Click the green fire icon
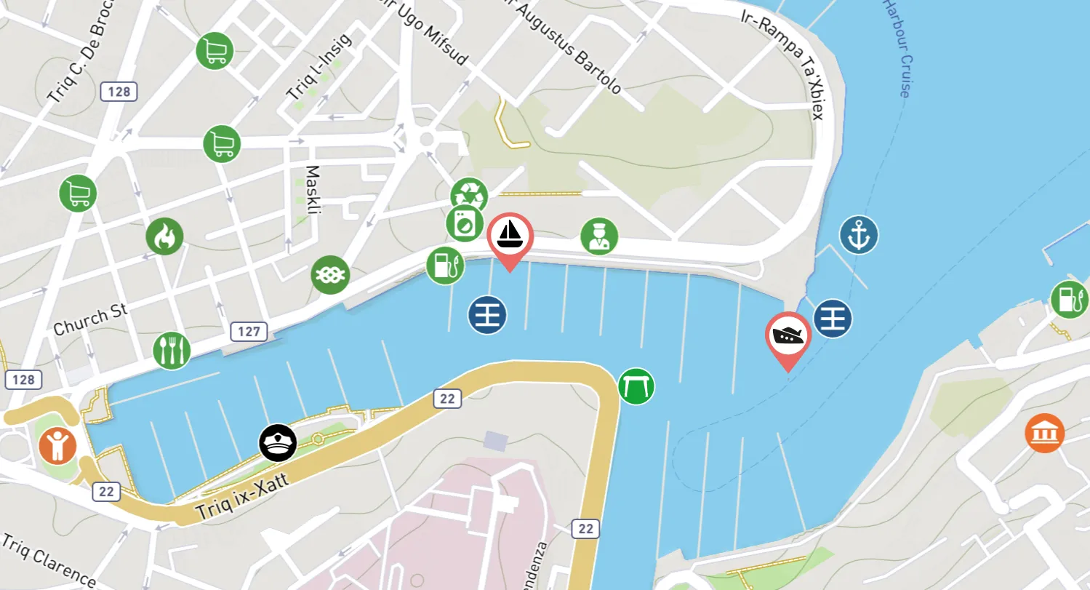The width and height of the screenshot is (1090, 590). point(164,236)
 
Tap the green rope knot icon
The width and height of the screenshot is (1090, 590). point(330,275)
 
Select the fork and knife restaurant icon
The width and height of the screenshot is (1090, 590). point(172,350)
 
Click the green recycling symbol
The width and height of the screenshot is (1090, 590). point(468,194)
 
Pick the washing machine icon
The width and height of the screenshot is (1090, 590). point(464,223)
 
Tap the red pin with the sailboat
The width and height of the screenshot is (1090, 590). point(510,236)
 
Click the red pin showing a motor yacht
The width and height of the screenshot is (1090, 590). point(788,335)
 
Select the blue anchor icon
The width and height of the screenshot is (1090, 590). point(859,235)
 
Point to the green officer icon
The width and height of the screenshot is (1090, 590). point(599,236)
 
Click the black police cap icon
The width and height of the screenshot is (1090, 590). point(278,442)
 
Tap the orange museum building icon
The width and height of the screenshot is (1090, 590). point(1045,433)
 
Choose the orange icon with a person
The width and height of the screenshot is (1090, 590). point(57,445)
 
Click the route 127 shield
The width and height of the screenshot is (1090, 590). point(249,332)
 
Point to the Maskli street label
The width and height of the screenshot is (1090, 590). point(313,191)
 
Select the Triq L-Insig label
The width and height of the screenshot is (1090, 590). point(318,68)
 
